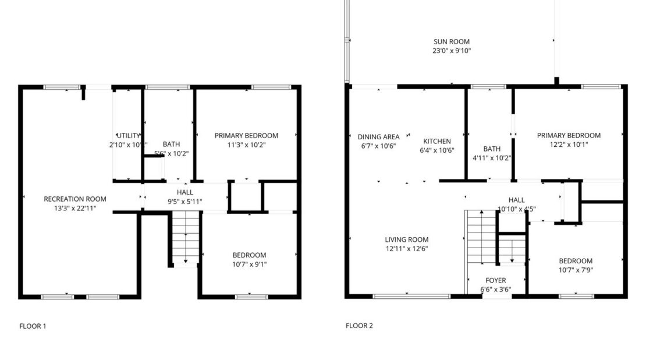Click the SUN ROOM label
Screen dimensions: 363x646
(x=451, y=41)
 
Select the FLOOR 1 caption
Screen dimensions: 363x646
(x=33, y=326)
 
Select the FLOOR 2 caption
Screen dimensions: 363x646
(x=359, y=326)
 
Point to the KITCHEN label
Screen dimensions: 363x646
(x=436, y=141)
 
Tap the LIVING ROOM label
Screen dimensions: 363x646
(x=406, y=239)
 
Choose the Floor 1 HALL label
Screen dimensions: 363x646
(x=185, y=192)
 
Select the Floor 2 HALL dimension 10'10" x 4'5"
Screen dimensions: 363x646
(x=516, y=209)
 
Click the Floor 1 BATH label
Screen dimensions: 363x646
(x=171, y=145)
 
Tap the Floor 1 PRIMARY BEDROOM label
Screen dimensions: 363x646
(x=246, y=136)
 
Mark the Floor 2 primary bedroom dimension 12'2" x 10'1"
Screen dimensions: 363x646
(x=569, y=145)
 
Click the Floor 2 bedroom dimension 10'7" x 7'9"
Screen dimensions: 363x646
(x=576, y=270)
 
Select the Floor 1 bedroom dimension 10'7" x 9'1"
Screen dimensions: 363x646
(x=249, y=264)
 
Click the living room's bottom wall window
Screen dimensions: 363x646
(x=411, y=296)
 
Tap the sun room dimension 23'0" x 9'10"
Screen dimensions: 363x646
(x=451, y=51)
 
